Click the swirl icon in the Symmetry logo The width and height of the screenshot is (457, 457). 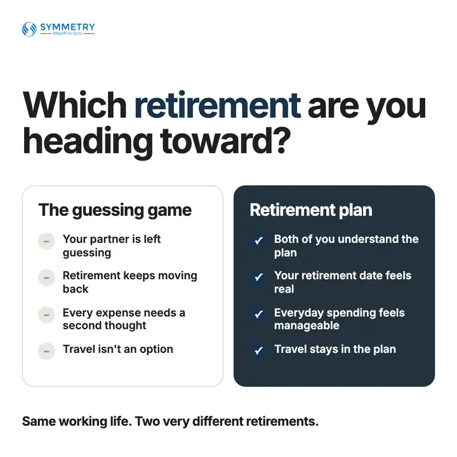click(29, 29)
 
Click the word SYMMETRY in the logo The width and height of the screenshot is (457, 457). click(67, 27)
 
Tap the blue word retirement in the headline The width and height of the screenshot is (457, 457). click(218, 105)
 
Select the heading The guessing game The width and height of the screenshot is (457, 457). click(115, 210)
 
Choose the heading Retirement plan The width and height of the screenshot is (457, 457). click(311, 210)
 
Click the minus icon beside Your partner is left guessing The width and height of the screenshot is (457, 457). click(46, 241)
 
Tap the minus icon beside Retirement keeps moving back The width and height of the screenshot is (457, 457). click(46, 278)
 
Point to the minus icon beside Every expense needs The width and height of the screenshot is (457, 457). click(46, 315)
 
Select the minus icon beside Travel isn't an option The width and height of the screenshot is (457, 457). click(46, 351)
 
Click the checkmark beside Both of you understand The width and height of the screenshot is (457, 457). click(258, 241)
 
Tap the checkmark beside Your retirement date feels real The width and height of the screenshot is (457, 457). click(258, 277)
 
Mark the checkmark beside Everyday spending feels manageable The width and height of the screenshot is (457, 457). click(258, 314)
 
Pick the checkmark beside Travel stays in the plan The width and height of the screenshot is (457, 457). click(258, 350)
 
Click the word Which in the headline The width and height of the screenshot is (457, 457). click(75, 104)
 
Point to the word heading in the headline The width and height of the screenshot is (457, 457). click(88, 142)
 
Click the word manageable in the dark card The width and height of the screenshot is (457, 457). click(307, 326)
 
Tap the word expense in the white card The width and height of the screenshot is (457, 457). click(118, 314)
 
